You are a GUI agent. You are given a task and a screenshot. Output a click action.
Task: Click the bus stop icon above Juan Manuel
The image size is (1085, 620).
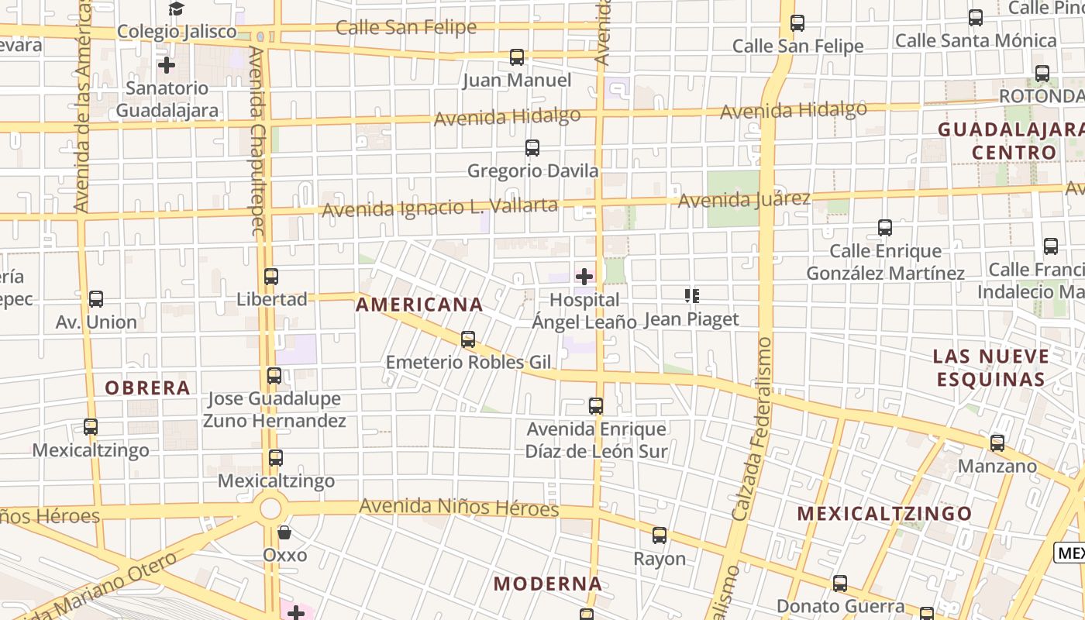517,57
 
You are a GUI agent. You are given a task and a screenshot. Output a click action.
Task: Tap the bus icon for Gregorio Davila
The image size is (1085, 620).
532,148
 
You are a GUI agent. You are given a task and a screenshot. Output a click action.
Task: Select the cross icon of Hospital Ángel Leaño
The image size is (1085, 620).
584,277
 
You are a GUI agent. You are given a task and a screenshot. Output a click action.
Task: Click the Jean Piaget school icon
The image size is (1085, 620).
692,295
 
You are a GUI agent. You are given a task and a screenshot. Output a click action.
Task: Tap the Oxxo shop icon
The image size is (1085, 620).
284,532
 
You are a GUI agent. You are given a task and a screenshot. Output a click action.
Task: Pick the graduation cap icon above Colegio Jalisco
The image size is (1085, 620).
177,9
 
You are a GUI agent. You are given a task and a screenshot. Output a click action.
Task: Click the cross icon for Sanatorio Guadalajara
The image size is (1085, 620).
167,65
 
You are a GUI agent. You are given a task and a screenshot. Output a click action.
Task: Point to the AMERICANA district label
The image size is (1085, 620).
419,305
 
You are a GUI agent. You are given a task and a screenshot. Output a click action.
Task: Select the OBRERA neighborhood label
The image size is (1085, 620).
147,387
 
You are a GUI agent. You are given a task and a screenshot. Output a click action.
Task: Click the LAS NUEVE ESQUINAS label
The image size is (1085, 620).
991,368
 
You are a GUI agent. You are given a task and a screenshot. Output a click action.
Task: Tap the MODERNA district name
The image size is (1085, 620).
548,584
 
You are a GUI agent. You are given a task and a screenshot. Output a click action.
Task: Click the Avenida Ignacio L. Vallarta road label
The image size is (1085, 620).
439,208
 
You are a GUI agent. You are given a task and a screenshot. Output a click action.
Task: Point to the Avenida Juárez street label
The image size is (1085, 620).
744,200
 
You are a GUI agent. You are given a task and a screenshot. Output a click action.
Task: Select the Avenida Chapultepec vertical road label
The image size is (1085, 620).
258,139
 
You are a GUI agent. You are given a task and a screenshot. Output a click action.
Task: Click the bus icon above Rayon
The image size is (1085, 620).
660,536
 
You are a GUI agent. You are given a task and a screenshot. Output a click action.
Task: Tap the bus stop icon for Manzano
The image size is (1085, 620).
997,443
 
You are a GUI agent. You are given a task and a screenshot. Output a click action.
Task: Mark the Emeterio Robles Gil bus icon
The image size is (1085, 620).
468,339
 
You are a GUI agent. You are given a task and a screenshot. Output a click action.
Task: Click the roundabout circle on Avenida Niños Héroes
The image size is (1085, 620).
270,509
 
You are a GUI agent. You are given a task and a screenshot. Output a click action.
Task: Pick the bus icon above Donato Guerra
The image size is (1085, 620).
840,584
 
